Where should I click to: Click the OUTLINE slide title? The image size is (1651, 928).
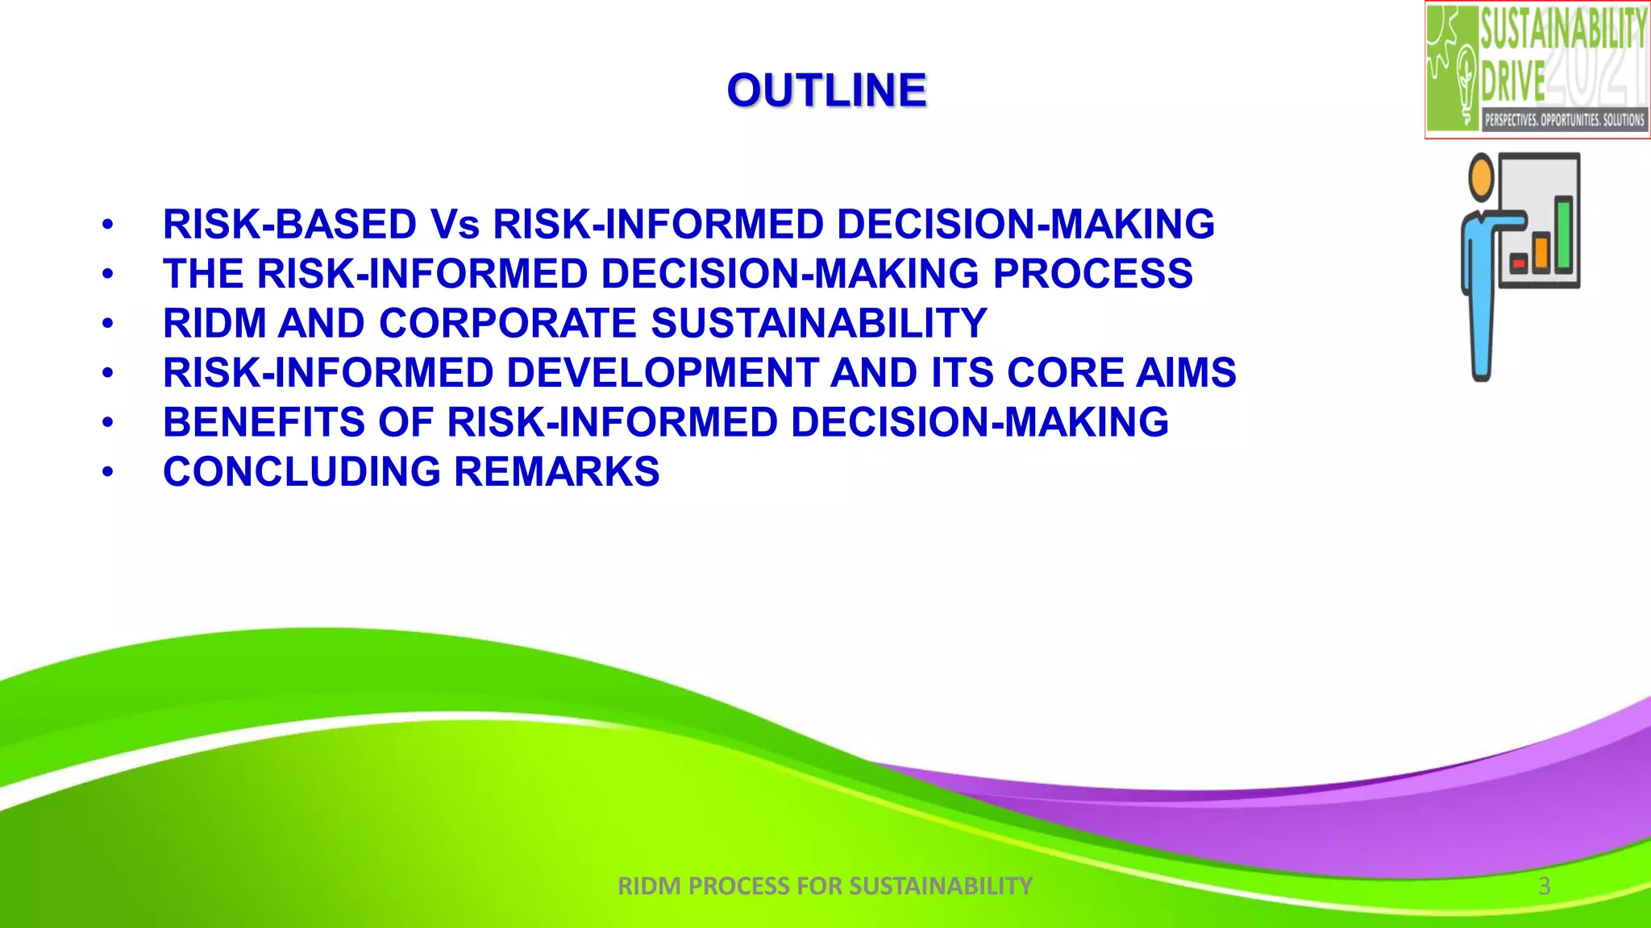[x=826, y=90]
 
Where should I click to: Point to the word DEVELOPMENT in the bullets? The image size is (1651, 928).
[x=662, y=373]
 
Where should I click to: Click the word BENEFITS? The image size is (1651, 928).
[x=264, y=423]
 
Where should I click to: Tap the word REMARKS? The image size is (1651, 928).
[x=557, y=472]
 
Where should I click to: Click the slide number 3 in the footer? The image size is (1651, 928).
[x=1544, y=886]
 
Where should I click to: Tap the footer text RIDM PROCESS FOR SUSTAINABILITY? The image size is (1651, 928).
[x=825, y=886]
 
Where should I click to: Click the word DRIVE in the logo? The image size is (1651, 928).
[x=1513, y=81]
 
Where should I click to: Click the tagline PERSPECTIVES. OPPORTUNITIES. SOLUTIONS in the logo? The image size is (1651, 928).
[x=1564, y=120]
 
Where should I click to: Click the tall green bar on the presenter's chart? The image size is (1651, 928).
[x=1563, y=234]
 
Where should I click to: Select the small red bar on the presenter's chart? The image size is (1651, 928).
[x=1519, y=263]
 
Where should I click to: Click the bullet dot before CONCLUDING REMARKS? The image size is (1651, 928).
[x=108, y=472]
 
